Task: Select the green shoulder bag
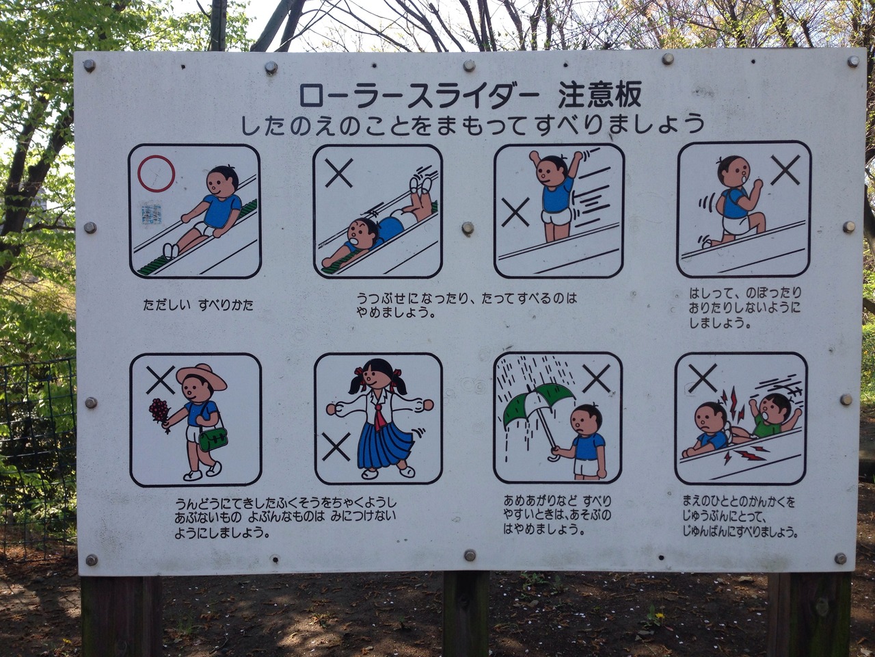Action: tap(213, 439)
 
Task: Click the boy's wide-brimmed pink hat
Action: tap(201, 377)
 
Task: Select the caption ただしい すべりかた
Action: tap(198, 306)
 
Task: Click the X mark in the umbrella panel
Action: tap(596, 378)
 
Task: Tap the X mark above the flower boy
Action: tap(160, 380)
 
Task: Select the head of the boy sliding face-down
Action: tap(363, 234)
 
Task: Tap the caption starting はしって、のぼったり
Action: tap(745, 309)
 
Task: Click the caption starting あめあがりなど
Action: tap(557, 515)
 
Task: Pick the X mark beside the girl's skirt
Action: tap(336, 447)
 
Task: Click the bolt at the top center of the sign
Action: tap(469, 65)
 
